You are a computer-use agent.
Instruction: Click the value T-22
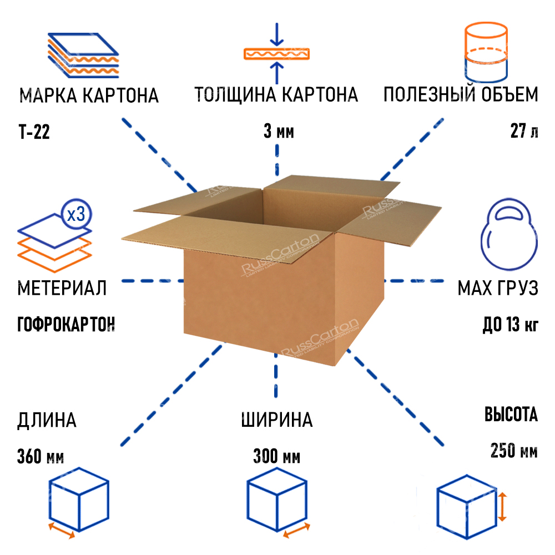pyautogui.click(x=34, y=133)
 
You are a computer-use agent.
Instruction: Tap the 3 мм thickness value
pyautogui.click(x=278, y=133)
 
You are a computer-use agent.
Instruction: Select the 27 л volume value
pyautogui.click(x=524, y=133)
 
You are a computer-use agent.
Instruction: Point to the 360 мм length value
pyautogui.click(x=41, y=457)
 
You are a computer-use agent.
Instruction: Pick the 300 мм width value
pyautogui.click(x=276, y=457)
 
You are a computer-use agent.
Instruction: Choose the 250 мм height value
pyautogui.click(x=514, y=450)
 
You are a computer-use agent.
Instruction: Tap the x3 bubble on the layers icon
pyautogui.click(x=75, y=215)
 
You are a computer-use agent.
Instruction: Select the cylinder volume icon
pyautogui.click(x=485, y=53)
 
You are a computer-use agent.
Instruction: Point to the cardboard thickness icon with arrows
pyautogui.click(x=277, y=54)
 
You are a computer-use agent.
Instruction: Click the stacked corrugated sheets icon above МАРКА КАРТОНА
pyautogui.click(x=83, y=55)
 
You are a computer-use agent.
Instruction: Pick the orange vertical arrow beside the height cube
pyautogui.click(x=503, y=506)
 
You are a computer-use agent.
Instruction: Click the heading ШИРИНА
pyautogui.click(x=276, y=420)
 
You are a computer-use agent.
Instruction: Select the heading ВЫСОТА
pyautogui.click(x=511, y=415)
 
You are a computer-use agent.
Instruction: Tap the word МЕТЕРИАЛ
pyautogui.click(x=62, y=289)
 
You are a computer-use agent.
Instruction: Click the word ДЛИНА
pyautogui.click(x=47, y=420)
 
